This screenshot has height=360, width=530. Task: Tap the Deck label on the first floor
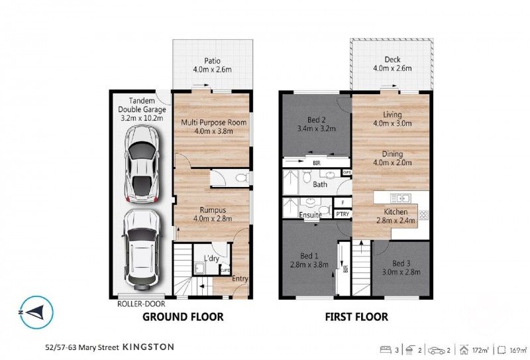pos(392,60)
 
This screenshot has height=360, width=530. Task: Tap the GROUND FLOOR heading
pos(184,317)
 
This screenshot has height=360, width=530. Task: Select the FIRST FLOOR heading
pos(356,317)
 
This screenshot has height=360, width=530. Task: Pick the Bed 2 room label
pos(310,119)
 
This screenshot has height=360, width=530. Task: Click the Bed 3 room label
pos(401,263)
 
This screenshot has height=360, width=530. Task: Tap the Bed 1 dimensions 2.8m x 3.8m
pos(309,265)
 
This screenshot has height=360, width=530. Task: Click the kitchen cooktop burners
pos(423,214)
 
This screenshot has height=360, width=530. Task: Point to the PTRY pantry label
pos(343,214)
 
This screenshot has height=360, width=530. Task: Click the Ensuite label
pos(310,215)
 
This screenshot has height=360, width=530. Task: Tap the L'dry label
pos(211,257)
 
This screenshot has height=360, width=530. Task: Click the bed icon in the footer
pos(385,347)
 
